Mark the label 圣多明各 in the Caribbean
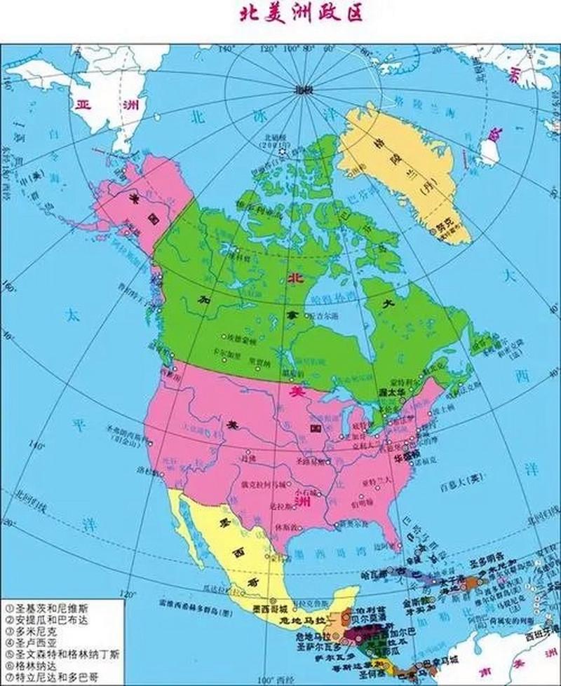487,561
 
